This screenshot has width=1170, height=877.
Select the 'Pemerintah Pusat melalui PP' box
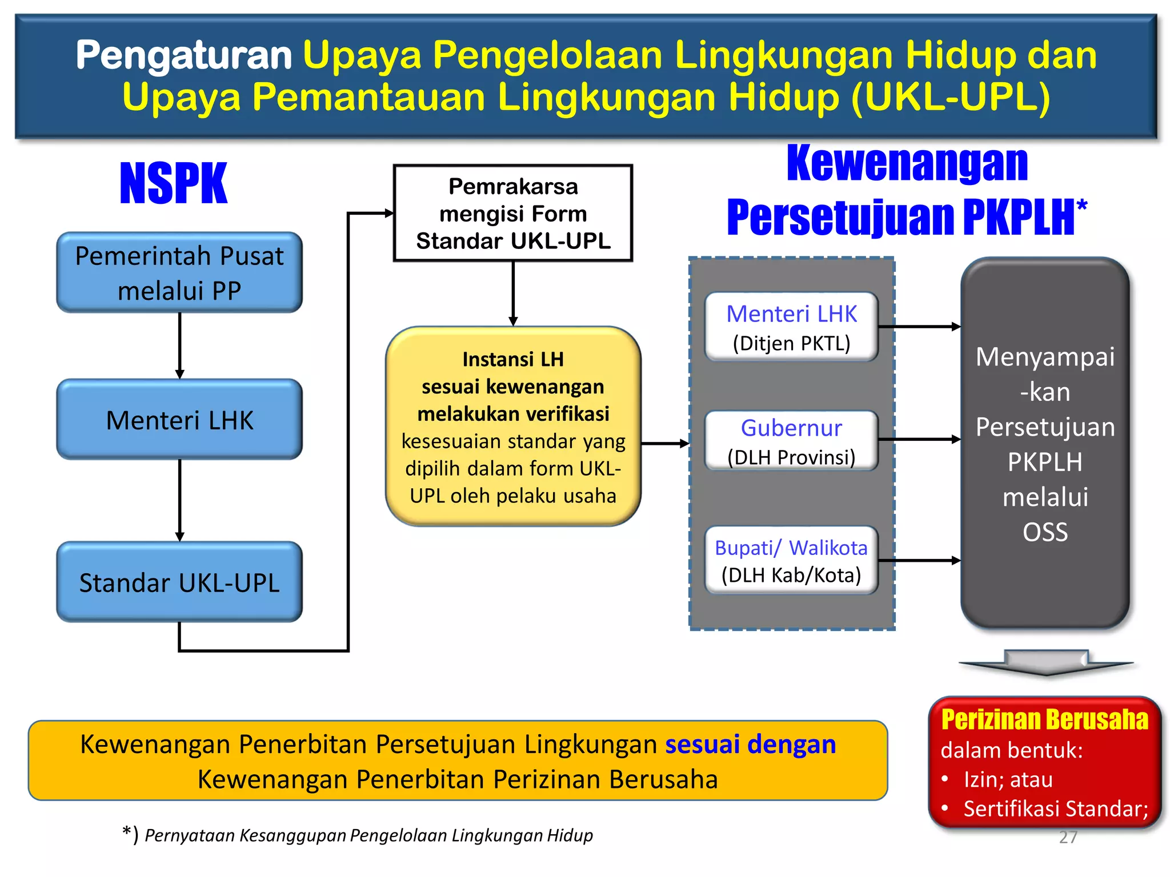179,272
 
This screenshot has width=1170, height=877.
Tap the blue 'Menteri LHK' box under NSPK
179,420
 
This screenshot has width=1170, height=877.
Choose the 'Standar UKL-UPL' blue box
179,582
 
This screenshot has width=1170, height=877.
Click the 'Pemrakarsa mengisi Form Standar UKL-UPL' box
513,214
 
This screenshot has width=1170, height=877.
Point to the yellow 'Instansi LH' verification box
513,427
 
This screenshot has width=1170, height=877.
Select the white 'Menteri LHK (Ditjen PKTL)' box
791,327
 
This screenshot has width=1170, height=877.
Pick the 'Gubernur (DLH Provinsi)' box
791,441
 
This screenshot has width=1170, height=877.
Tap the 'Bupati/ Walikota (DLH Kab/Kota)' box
791,561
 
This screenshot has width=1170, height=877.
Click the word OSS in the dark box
1045,532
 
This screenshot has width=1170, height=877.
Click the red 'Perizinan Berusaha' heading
1044,719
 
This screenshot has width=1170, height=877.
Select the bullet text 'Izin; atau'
1008,779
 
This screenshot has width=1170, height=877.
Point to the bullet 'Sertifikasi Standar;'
1055,808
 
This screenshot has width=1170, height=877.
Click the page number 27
1068,837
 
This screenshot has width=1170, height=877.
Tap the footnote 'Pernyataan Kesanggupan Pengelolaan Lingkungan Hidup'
368,835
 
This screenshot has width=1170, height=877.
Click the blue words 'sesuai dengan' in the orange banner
750,744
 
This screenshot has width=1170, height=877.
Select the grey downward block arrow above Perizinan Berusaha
1045,662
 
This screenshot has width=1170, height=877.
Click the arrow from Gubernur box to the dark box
919,440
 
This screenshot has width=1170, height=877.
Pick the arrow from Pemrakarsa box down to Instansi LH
513,293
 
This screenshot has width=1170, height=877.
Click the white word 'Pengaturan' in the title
184,55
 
